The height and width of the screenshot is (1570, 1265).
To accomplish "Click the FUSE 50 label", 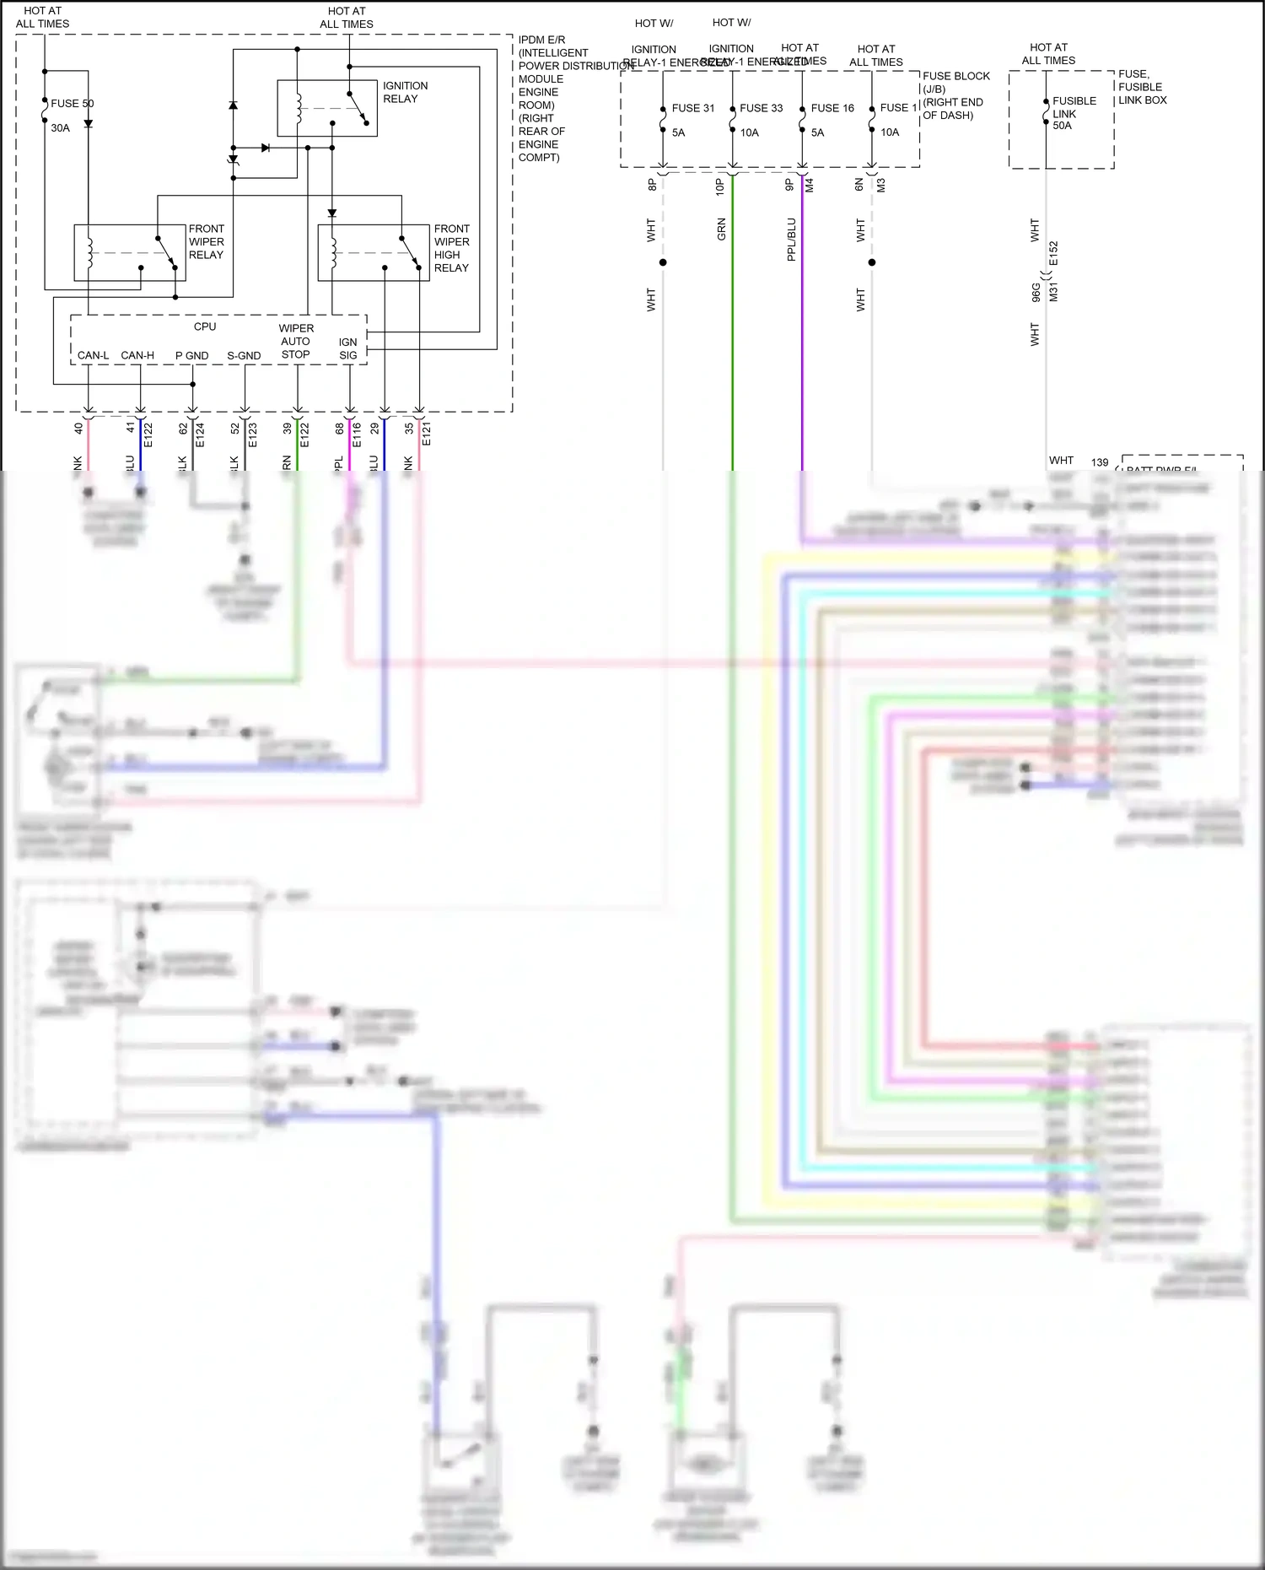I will tap(72, 104).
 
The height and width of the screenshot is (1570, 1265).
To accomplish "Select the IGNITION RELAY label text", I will tap(405, 92).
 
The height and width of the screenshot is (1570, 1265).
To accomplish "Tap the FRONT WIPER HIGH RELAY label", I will tap(452, 248).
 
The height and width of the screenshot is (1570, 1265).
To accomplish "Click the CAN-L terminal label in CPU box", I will tap(93, 355).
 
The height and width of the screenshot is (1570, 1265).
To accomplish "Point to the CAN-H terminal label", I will tap(137, 355).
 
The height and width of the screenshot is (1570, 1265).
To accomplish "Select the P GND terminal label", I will tap(191, 355).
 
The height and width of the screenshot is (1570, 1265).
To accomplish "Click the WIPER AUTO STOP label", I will tap(296, 341).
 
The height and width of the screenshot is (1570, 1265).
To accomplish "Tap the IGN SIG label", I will tap(348, 348).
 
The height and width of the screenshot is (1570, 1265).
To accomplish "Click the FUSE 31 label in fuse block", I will tap(692, 108).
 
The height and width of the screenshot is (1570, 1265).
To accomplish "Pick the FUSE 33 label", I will tap(761, 108).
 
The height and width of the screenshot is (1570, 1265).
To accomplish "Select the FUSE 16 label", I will tap(832, 108).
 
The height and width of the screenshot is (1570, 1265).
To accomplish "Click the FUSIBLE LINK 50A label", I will tap(1074, 113).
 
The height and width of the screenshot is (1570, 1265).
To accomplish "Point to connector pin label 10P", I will tap(720, 186).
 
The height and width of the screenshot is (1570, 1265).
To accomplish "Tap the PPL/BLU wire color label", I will tap(791, 240).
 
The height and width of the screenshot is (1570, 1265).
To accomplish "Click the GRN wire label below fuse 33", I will tap(721, 229).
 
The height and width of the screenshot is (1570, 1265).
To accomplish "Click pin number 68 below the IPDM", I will tap(339, 429).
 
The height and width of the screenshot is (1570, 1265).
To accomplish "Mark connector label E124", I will tap(200, 434).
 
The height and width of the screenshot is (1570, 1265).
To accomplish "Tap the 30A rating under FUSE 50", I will tap(60, 128).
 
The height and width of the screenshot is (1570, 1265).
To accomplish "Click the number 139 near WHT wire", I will tap(1100, 462).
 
